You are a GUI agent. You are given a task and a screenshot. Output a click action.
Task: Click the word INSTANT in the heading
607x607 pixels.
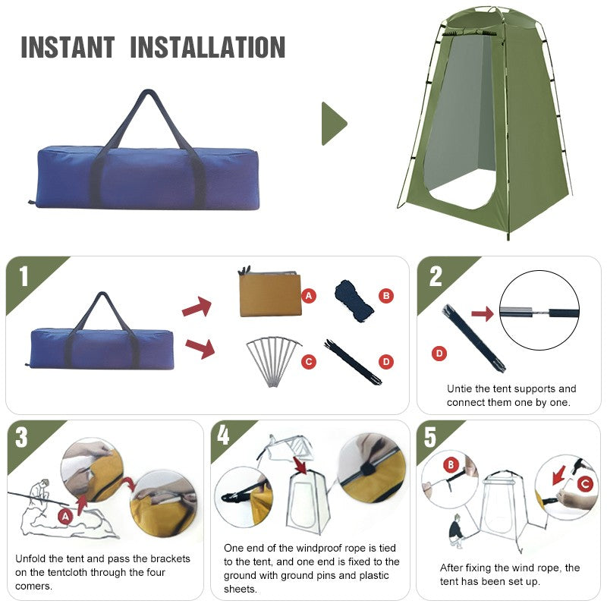click(x=67, y=47)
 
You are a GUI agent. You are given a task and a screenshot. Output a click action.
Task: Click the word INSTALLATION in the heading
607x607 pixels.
click(x=208, y=47)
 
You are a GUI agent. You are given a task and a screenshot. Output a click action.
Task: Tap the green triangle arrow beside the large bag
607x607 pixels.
click(x=333, y=123)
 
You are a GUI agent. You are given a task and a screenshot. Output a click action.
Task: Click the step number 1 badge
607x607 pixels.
click(x=24, y=276)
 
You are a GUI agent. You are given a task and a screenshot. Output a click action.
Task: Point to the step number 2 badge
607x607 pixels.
click(x=436, y=276)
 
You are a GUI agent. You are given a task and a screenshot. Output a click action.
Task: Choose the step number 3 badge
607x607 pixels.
click(x=22, y=439)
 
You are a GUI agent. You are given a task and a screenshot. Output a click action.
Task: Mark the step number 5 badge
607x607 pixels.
click(x=430, y=438)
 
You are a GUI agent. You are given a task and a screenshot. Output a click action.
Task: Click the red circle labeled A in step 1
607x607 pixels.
click(x=309, y=296)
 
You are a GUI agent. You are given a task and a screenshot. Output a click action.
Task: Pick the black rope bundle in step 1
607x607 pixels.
click(x=354, y=300)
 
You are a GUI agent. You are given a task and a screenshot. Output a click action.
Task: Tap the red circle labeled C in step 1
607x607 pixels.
click(x=309, y=362)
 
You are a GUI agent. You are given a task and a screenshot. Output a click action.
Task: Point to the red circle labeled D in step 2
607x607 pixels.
click(x=438, y=353)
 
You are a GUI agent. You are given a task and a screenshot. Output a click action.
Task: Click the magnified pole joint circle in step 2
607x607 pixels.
click(x=539, y=312)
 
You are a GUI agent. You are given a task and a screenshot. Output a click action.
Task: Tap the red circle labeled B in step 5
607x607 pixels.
click(x=450, y=464)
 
